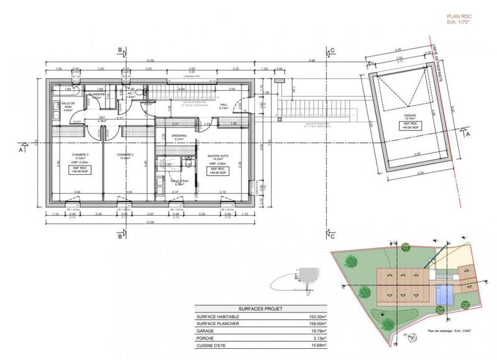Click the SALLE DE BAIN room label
coord(69,105)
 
